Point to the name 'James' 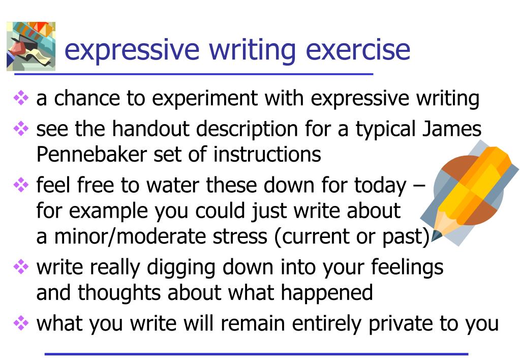tap(451, 130)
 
